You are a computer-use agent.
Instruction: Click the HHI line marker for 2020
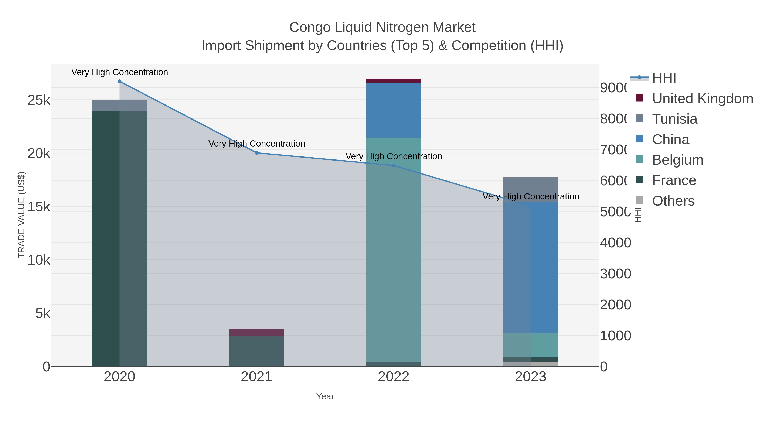[x=119, y=81]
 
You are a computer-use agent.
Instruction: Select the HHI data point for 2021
[x=256, y=153]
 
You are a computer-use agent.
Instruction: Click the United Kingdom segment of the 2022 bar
[x=394, y=81]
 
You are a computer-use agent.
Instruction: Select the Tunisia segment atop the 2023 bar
[x=531, y=189]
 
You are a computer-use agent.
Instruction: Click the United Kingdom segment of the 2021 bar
[x=256, y=332]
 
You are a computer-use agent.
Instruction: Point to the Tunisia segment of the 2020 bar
[x=119, y=106]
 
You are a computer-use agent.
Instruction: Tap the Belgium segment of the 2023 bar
[x=531, y=345]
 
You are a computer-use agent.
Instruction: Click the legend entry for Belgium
[x=677, y=160]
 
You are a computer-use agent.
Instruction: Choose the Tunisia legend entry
[x=674, y=119]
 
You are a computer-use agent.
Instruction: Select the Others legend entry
[x=673, y=201]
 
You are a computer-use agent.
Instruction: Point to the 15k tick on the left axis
[x=39, y=207]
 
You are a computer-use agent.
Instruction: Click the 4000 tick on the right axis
[x=615, y=243]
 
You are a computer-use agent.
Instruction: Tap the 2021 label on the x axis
[x=256, y=377]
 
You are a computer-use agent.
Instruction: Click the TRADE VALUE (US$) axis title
[x=21, y=215]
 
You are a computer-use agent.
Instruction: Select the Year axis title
[x=325, y=396]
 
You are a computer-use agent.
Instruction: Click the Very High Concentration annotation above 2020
[x=119, y=72]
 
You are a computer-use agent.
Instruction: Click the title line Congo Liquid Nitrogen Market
[x=382, y=27]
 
